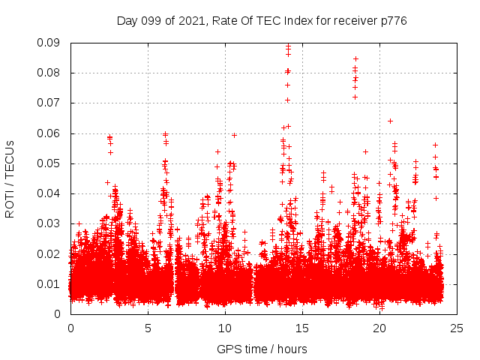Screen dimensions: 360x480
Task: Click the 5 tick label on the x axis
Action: [148, 328]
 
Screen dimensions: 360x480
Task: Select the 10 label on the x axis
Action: [225, 328]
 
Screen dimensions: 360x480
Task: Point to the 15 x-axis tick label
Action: [302, 328]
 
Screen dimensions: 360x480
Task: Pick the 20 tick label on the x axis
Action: [379, 328]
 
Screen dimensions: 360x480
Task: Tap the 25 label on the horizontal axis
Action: [457, 328]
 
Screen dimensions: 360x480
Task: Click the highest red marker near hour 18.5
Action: [355, 58]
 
